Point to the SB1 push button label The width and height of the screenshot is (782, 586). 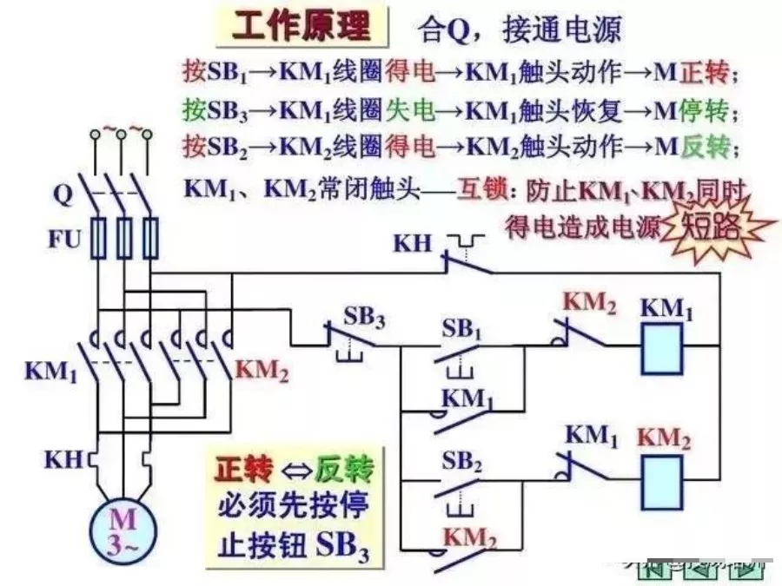point(461,330)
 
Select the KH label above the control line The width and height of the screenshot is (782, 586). point(412,242)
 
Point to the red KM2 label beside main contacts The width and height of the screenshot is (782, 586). point(262,371)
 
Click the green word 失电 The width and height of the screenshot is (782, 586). point(418,110)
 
